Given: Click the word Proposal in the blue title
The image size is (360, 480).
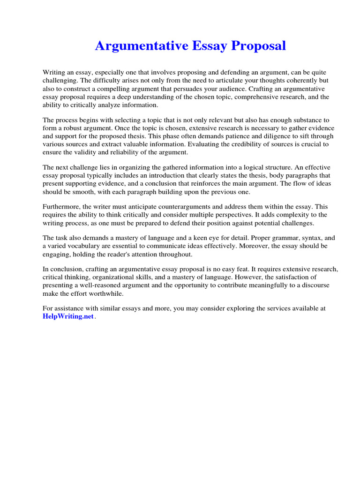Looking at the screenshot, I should click(x=256, y=46).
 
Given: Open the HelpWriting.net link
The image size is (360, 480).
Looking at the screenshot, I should click(x=68, y=316).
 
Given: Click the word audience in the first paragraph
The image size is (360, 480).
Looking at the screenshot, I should click(x=233, y=89).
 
